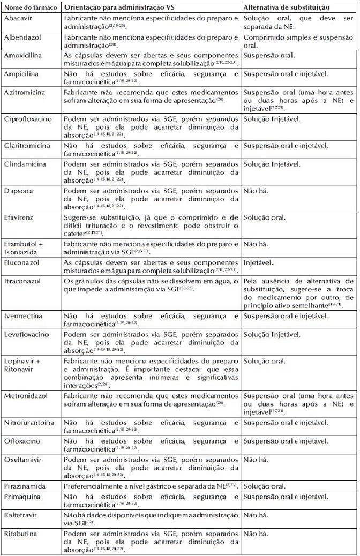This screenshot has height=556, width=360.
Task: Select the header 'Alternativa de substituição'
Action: pos(286,8)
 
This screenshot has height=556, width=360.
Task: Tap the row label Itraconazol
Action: pos(20,281)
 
